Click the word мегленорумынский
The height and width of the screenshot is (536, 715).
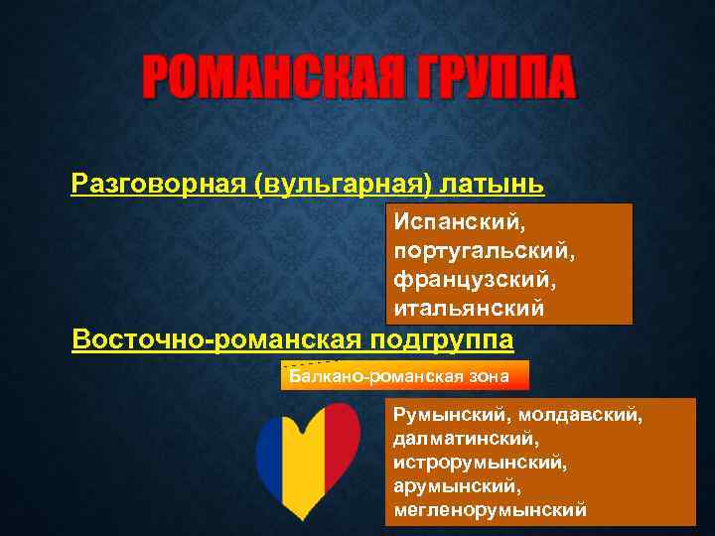click(490, 510)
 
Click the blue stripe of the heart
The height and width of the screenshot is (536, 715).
click(273, 452)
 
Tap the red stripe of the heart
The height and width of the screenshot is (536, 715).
click(343, 442)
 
